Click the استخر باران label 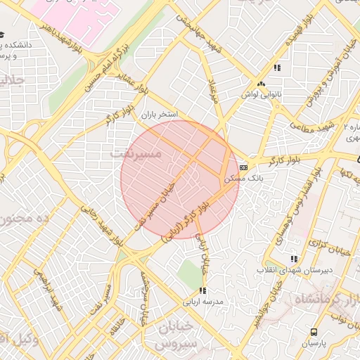coord(162,113)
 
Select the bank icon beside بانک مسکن coord(243,167)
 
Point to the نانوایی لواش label coord(261,94)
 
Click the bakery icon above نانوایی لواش coord(261,83)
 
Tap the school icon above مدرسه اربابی coord(202,290)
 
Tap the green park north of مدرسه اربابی coord(188,272)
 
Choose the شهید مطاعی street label coord(310,126)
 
